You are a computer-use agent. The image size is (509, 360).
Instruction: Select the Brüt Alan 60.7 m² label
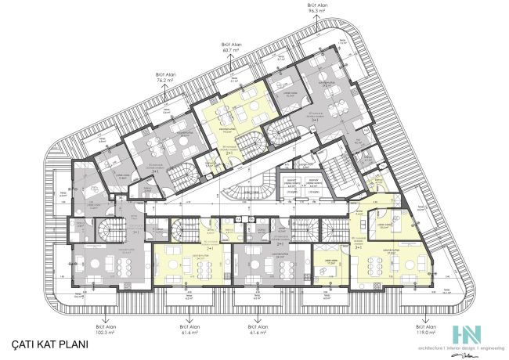pyautogui.click(x=230, y=49)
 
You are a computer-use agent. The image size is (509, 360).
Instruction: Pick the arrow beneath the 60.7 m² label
pyautogui.click(x=230, y=62)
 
